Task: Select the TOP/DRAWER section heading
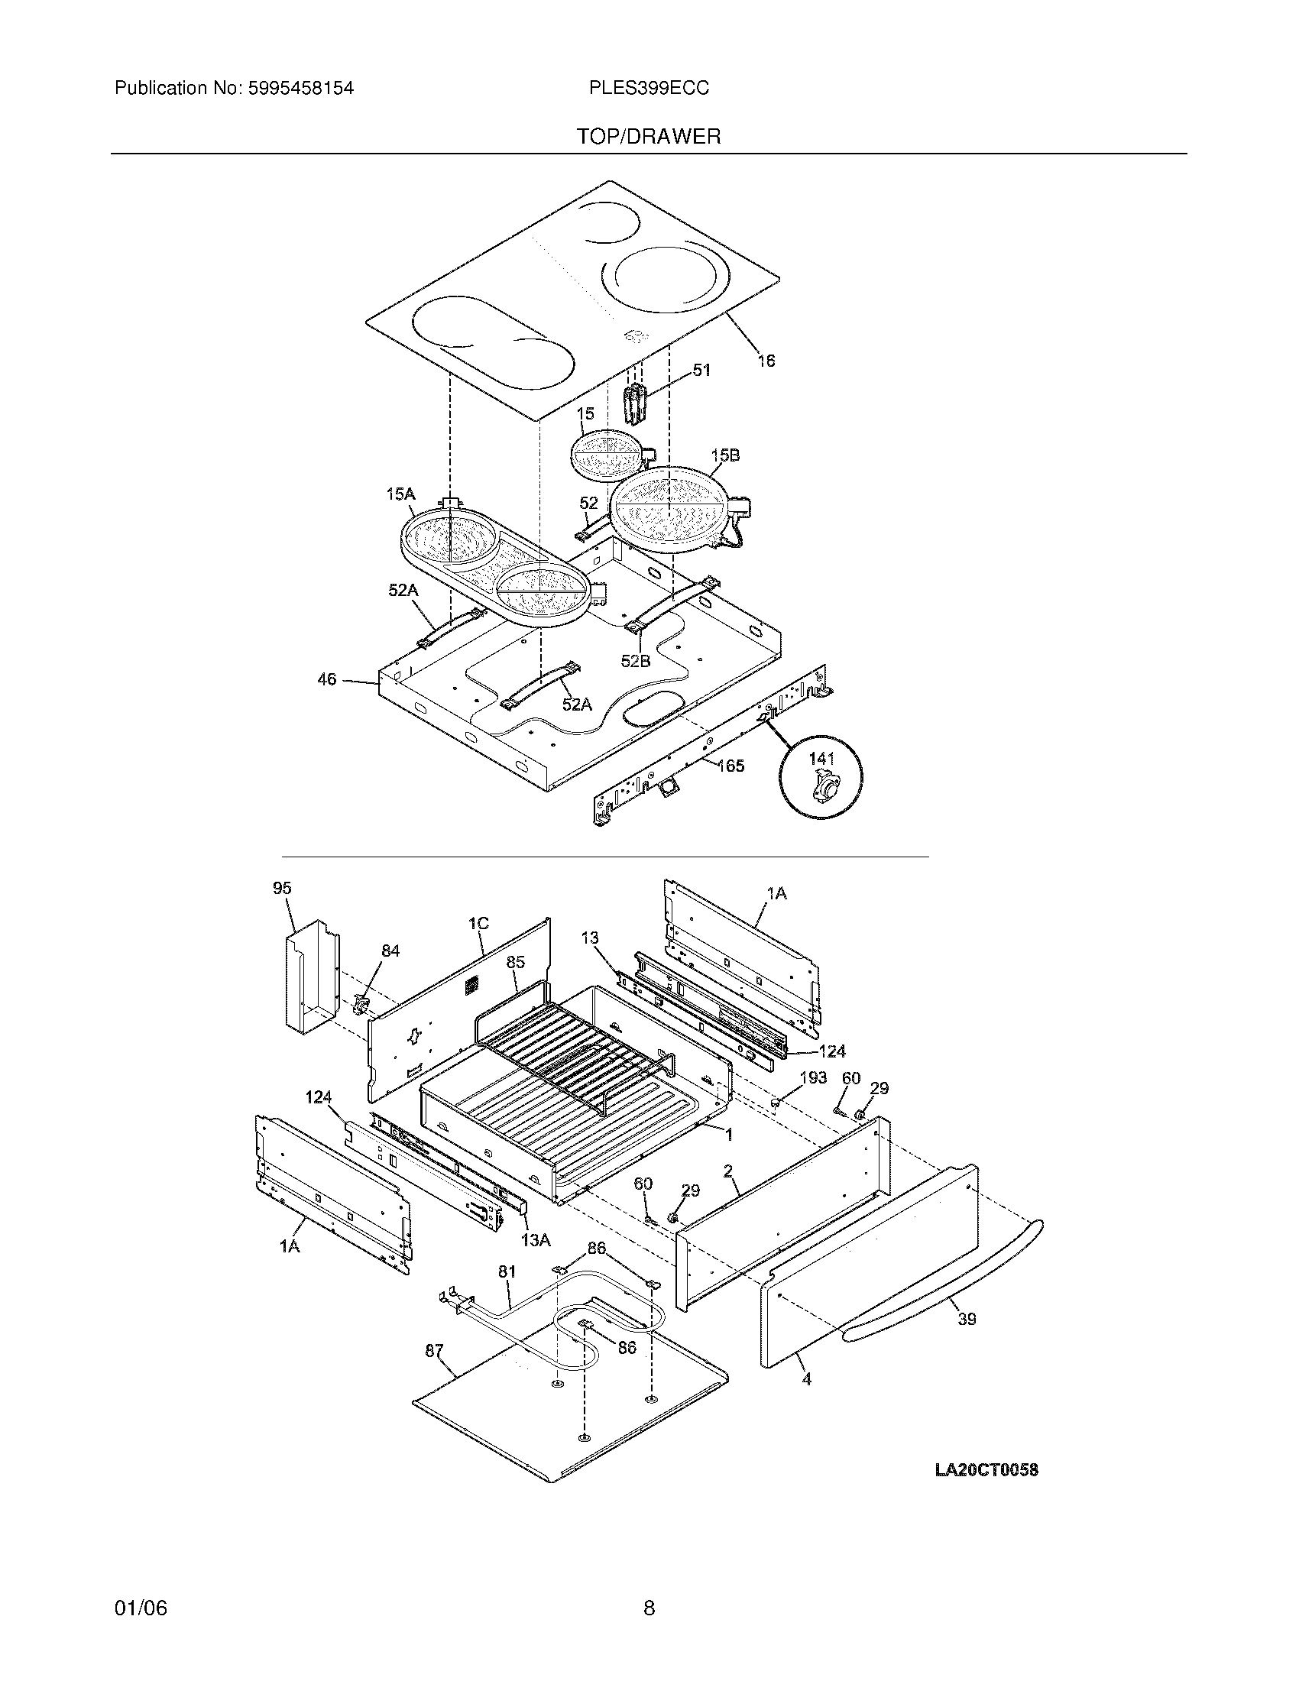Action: click(649, 137)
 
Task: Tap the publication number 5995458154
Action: click(300, 89)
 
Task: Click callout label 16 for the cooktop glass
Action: click(766, 360)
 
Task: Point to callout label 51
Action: click(701, 371)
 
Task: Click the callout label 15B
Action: click(725, 455)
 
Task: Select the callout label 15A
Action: click(400, 494)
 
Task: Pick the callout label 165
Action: click(730, 765)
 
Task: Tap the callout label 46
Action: click(327, 679)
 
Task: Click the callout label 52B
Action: click(636, 660)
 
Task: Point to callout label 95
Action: click(282, 888)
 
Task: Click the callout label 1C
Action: click(478, 923)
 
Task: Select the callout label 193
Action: click(813, 1077)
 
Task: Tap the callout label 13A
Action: click(536, 1239)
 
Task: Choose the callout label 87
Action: click(434, 1349)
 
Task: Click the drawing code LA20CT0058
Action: click(986, 1469)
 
